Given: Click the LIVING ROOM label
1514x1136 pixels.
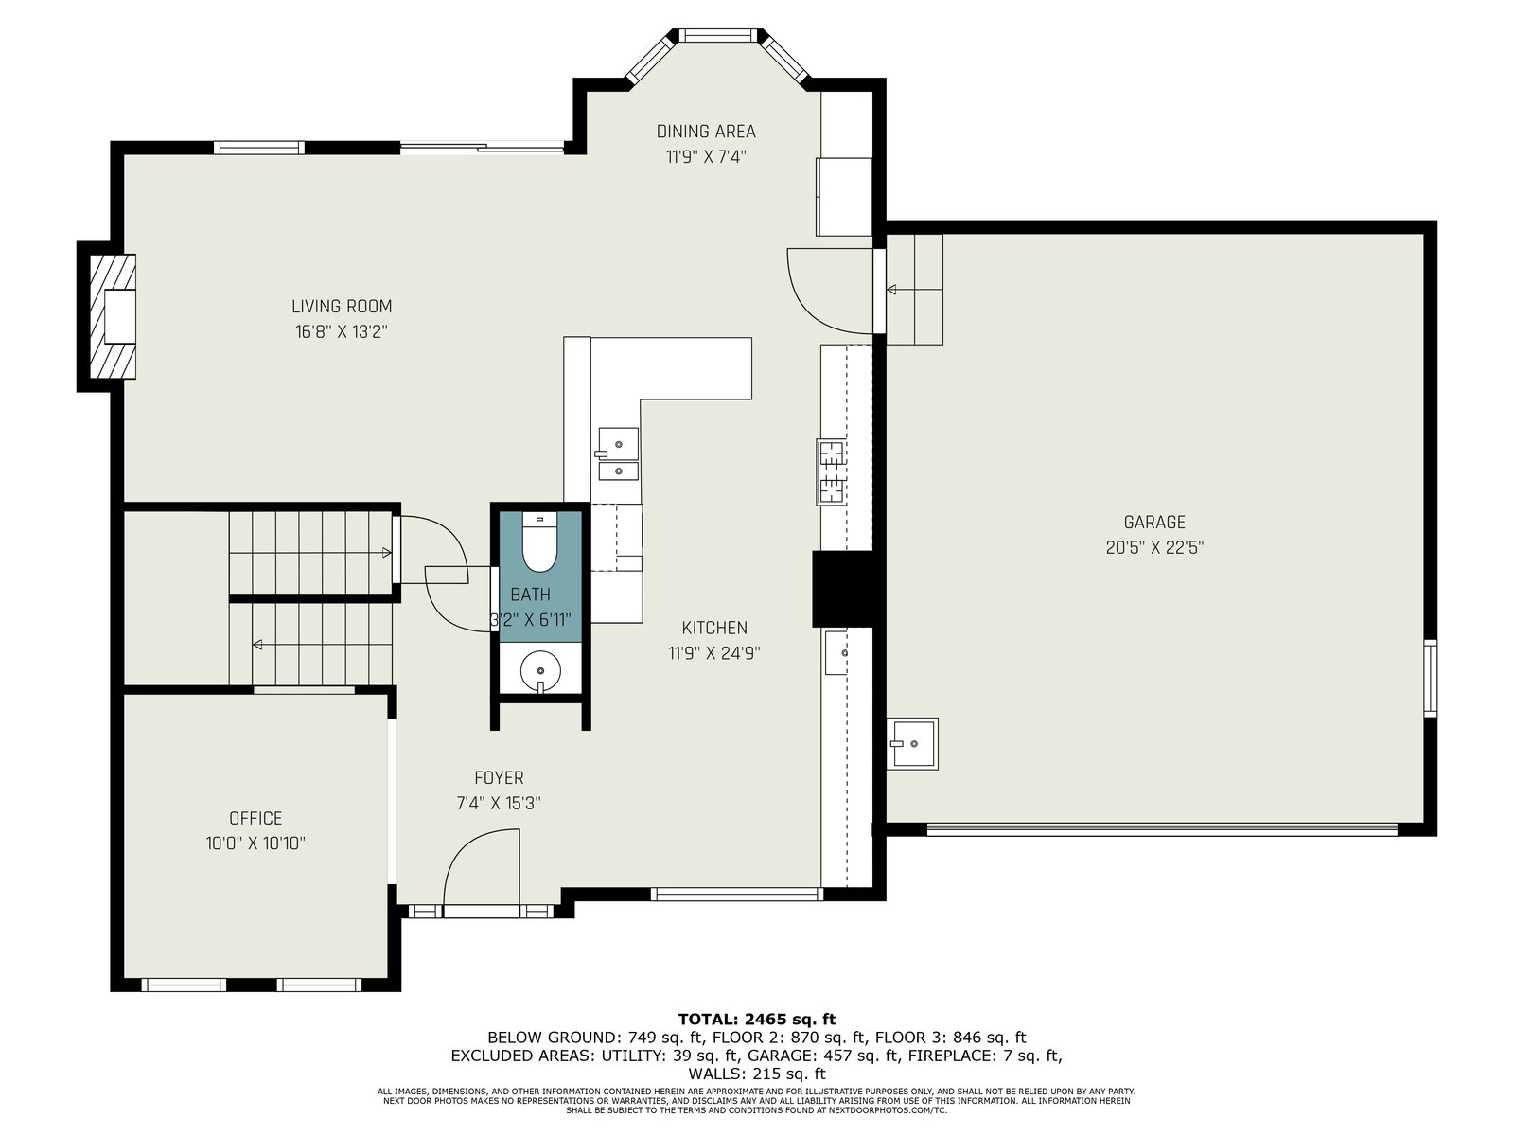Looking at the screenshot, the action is click(x=342, y=306).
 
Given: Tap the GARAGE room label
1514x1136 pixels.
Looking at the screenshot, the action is click(x=1154, y=523).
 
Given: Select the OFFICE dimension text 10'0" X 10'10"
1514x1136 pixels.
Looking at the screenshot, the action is click(x=255, y=843).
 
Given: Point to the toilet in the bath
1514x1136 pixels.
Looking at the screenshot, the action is click(x=539, y=542).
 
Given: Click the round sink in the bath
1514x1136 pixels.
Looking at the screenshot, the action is click(x=540, y=669).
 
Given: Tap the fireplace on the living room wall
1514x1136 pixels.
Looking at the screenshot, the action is click(x=112, y=316).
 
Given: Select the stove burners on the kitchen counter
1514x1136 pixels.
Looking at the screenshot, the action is click(x=832, y=471).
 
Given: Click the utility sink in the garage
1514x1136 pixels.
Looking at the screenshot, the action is click(x=912, y=743).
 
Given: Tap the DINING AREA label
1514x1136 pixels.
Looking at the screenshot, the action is click(x=706, y=131).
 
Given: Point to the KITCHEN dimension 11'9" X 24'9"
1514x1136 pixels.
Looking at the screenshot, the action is click(x=713, y=652).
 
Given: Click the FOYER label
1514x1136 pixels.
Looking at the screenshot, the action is click(x=499, y=777).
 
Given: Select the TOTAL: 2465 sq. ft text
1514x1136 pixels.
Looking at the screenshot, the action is click(x=757, y=1019).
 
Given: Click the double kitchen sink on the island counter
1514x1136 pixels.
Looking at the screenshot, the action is click(x=618, y=453).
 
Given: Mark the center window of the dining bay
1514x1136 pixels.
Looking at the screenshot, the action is click(x=718, y=35).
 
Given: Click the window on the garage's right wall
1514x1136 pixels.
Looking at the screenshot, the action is click(x=1431, y=678).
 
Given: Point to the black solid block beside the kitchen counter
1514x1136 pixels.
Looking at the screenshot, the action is click(x=842, y=589).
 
